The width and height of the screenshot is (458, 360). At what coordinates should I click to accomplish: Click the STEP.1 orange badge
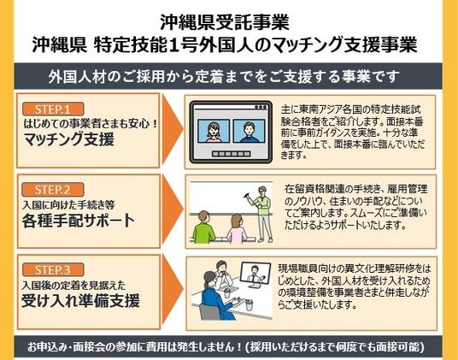(x=53, y=109)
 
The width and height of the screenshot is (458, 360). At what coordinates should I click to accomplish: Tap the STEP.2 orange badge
(x=53, y=190)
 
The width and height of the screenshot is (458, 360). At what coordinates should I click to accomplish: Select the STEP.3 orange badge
(x=53, y=269)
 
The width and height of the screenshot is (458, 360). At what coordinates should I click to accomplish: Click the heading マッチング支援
(x=69, y=139)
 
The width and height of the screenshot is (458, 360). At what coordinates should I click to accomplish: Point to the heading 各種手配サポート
(x=79, y=221)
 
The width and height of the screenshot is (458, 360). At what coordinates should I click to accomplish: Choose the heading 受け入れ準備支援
(x=80, y=301)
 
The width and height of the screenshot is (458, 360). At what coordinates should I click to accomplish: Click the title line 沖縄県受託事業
(x=225, y=22)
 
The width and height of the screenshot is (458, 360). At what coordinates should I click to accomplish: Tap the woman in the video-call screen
(x=214, y=133)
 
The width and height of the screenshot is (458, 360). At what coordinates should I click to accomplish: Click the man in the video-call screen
(x=250, y=133)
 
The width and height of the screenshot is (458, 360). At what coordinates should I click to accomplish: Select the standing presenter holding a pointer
(x=262, y=214)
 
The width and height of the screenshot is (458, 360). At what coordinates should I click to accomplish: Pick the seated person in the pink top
(x=237, y=229)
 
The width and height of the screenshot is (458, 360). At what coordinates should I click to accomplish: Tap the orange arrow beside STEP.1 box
(x=173, y=130)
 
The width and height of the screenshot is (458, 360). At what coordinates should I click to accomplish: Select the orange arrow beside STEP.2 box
(x=173, y=210)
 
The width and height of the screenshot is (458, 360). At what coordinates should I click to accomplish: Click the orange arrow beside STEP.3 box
(x=173, y=290)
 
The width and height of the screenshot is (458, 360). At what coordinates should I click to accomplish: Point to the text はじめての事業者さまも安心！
(x=91, y=124)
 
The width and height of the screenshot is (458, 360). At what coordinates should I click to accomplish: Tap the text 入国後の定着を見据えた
(x=73, y=286)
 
